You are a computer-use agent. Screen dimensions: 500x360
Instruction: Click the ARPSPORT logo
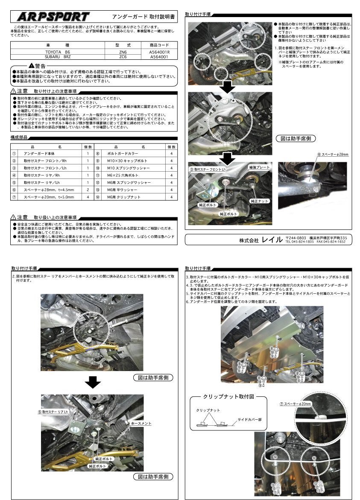click(53, 17)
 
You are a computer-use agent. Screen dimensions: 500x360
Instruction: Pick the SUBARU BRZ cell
click(58, 56)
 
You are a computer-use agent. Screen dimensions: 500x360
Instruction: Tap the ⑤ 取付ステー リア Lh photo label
click(53, 412)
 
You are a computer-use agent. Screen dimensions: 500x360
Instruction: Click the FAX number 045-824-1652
click(331, 242)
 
